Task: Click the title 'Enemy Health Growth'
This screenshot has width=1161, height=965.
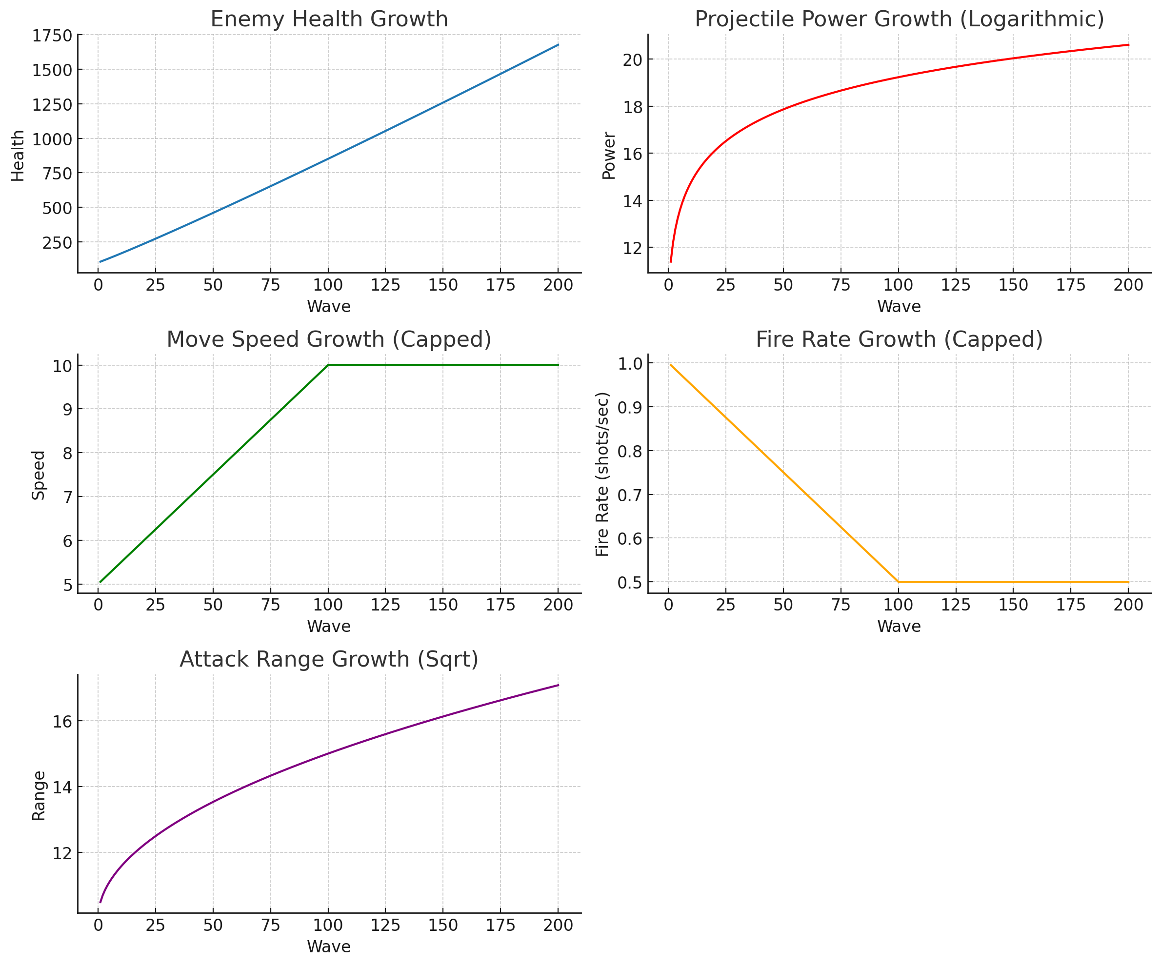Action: (x=329, y=20)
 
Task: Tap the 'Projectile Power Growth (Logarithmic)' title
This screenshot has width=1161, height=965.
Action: (x=899, y=20)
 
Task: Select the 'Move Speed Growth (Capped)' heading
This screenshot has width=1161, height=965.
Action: (x=329, y=339)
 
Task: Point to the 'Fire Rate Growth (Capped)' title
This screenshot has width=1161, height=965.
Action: (x=899, y=339)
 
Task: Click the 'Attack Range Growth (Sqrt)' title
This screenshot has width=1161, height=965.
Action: (x=329, y=659)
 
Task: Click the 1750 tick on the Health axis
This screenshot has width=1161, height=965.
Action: (x=52, y=36)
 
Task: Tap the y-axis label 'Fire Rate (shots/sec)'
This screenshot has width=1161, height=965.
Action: (x=602, y=473)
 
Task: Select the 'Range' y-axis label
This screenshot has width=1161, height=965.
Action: (x=39, y=796)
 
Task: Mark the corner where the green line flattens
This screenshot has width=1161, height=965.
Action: (x=328, y=365)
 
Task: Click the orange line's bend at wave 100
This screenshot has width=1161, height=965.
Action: (x=899, y=581)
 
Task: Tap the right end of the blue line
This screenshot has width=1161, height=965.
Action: (x=558, y=45)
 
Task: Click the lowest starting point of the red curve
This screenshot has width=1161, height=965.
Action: (x=671, y=261)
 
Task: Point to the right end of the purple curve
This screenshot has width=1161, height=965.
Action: (x=558, y=685)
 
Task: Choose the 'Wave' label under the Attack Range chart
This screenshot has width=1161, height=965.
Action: (x=329, y=946)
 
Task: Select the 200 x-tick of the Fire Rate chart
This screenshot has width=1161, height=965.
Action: (x=1128, y=605)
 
